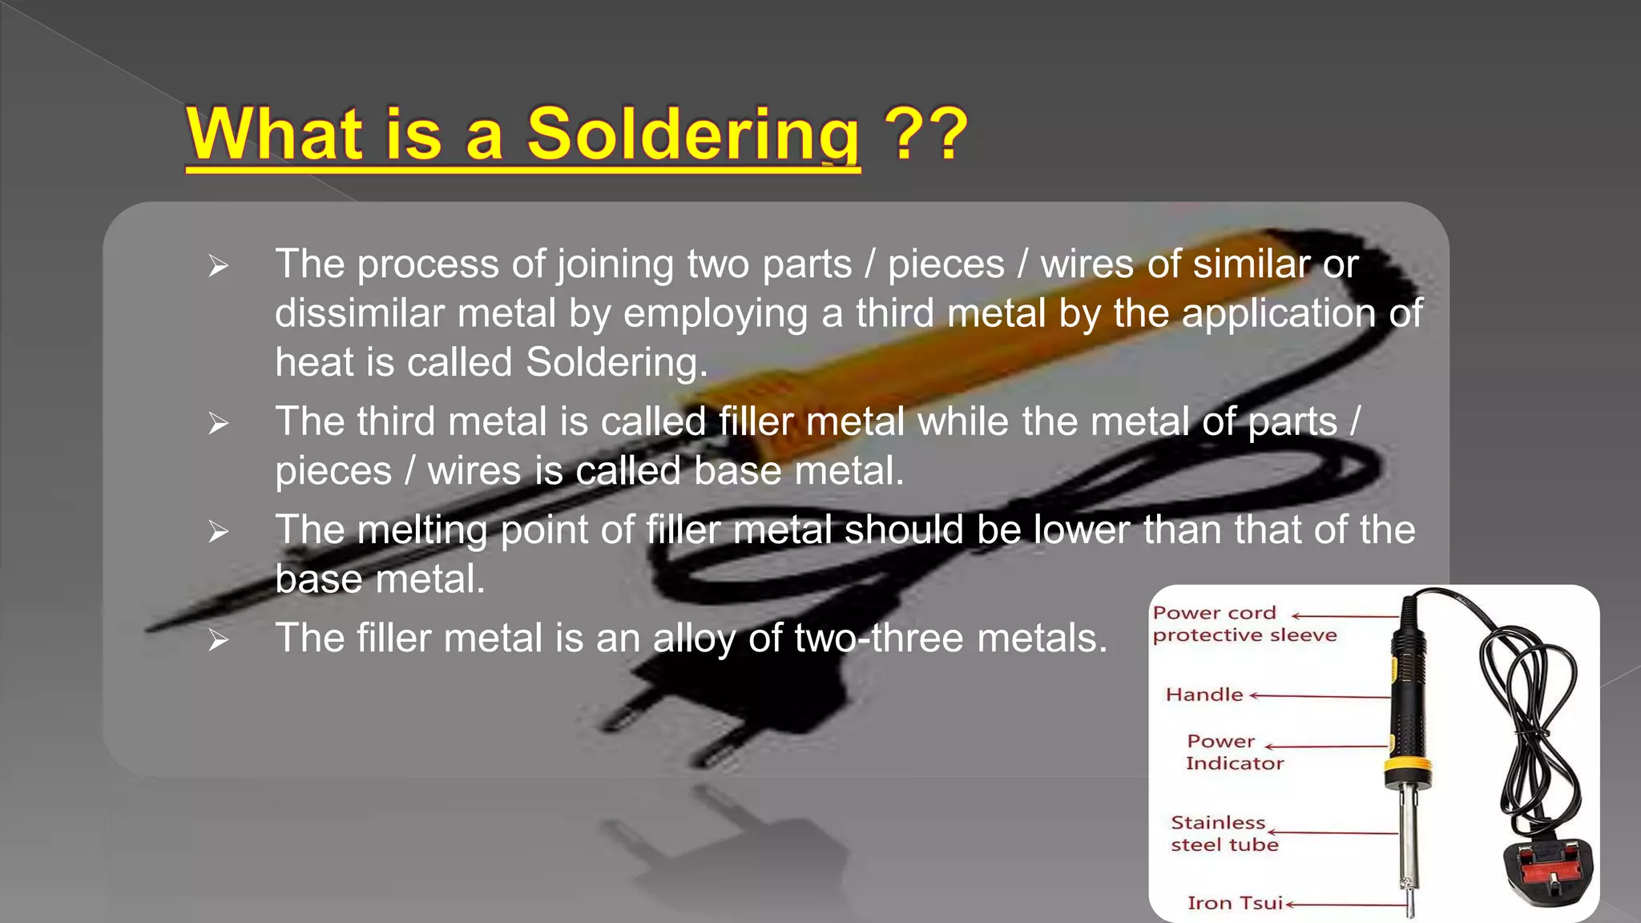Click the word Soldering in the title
point(693,135)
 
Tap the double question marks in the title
point(925,135)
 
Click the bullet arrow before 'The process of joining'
point(218,265)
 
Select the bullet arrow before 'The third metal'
point(218,422)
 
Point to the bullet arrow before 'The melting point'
point(218,531)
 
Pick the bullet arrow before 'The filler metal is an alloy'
point(218,639)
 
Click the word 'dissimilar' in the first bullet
point(359,313)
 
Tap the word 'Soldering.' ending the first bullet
point(617,362)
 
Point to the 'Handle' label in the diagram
point(1204,695)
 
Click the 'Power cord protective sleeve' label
point(1244,624)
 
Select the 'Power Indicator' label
point(1234,752)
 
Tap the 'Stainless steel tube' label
point(1224,833)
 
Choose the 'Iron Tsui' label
point(1235,903)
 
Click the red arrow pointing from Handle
point(1319,696)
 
